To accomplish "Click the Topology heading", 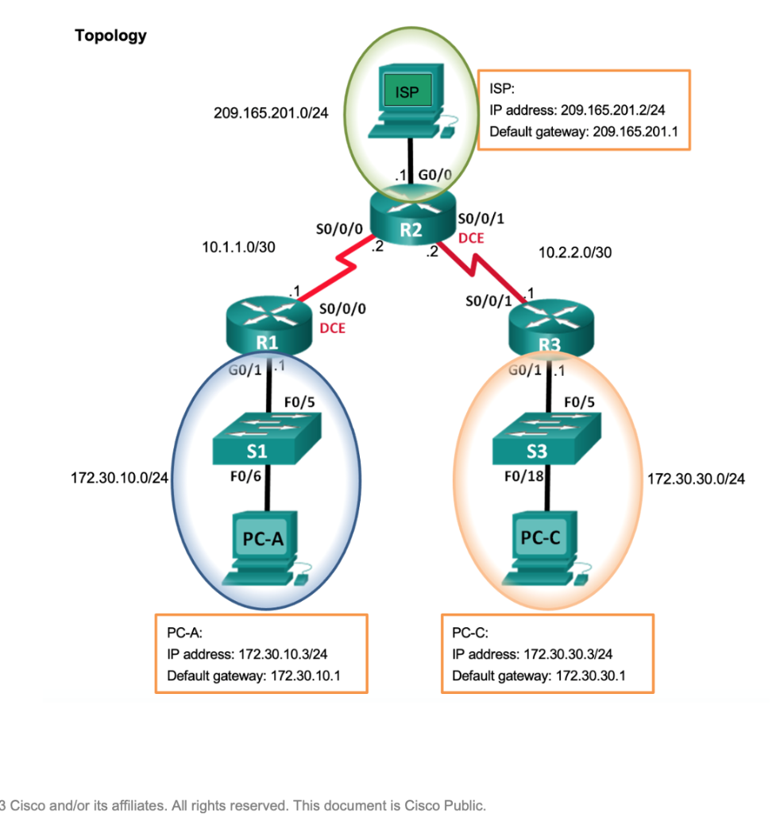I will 110,36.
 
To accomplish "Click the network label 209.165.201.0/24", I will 271,112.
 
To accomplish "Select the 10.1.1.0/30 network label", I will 239,247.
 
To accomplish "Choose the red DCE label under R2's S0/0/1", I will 471,238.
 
